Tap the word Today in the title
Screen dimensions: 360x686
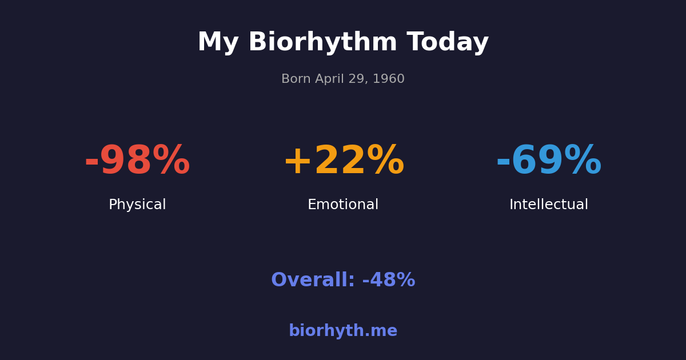point(448,43)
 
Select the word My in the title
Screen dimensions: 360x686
point(218,43)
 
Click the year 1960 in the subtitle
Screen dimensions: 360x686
point(389,79)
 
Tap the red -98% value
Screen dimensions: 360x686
point(137,161)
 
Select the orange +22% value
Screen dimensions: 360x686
point(343,161)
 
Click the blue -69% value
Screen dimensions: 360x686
point(549,161)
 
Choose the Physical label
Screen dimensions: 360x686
point(137,205)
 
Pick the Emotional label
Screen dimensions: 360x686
point(343,205)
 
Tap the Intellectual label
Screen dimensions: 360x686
point(549,205)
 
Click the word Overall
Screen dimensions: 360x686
point(313,281)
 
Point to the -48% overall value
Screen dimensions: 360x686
point(389,281)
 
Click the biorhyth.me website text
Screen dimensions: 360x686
point(343,331)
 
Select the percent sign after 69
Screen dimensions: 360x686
point(583,161)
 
